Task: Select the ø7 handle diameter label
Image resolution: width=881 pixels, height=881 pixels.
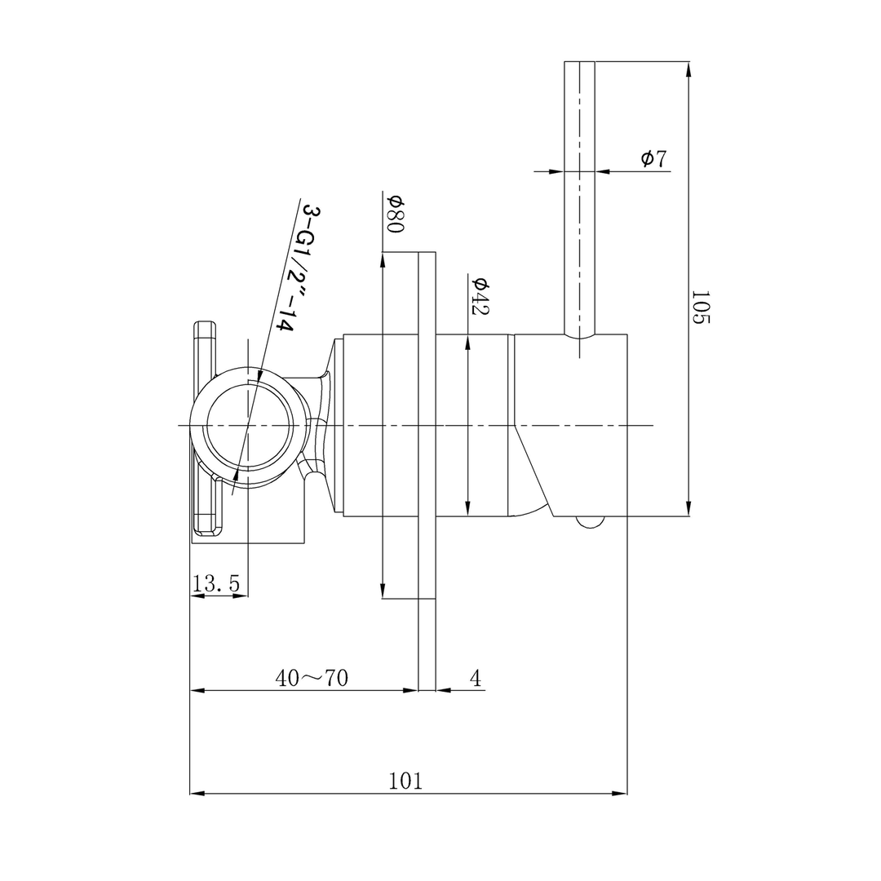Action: coord(653,158)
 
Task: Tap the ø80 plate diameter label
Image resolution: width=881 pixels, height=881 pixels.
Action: coord(395,214)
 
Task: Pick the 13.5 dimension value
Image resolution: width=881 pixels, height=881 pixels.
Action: coord(216,583)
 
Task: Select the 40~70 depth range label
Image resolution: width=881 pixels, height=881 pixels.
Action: coord(312,678)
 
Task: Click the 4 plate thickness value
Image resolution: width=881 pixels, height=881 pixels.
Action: coord(476,678)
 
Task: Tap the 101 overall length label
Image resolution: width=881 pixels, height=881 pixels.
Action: coord(405,781)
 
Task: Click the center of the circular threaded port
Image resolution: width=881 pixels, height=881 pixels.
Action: coord(248,426)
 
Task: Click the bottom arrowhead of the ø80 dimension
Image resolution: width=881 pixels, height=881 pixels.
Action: coord(383,591)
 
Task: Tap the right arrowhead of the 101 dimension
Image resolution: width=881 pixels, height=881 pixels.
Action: coord(620,793)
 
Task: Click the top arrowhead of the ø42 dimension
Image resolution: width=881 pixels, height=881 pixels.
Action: coord(467,342)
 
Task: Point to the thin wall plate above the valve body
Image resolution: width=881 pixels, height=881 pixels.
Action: coord(427,294)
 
